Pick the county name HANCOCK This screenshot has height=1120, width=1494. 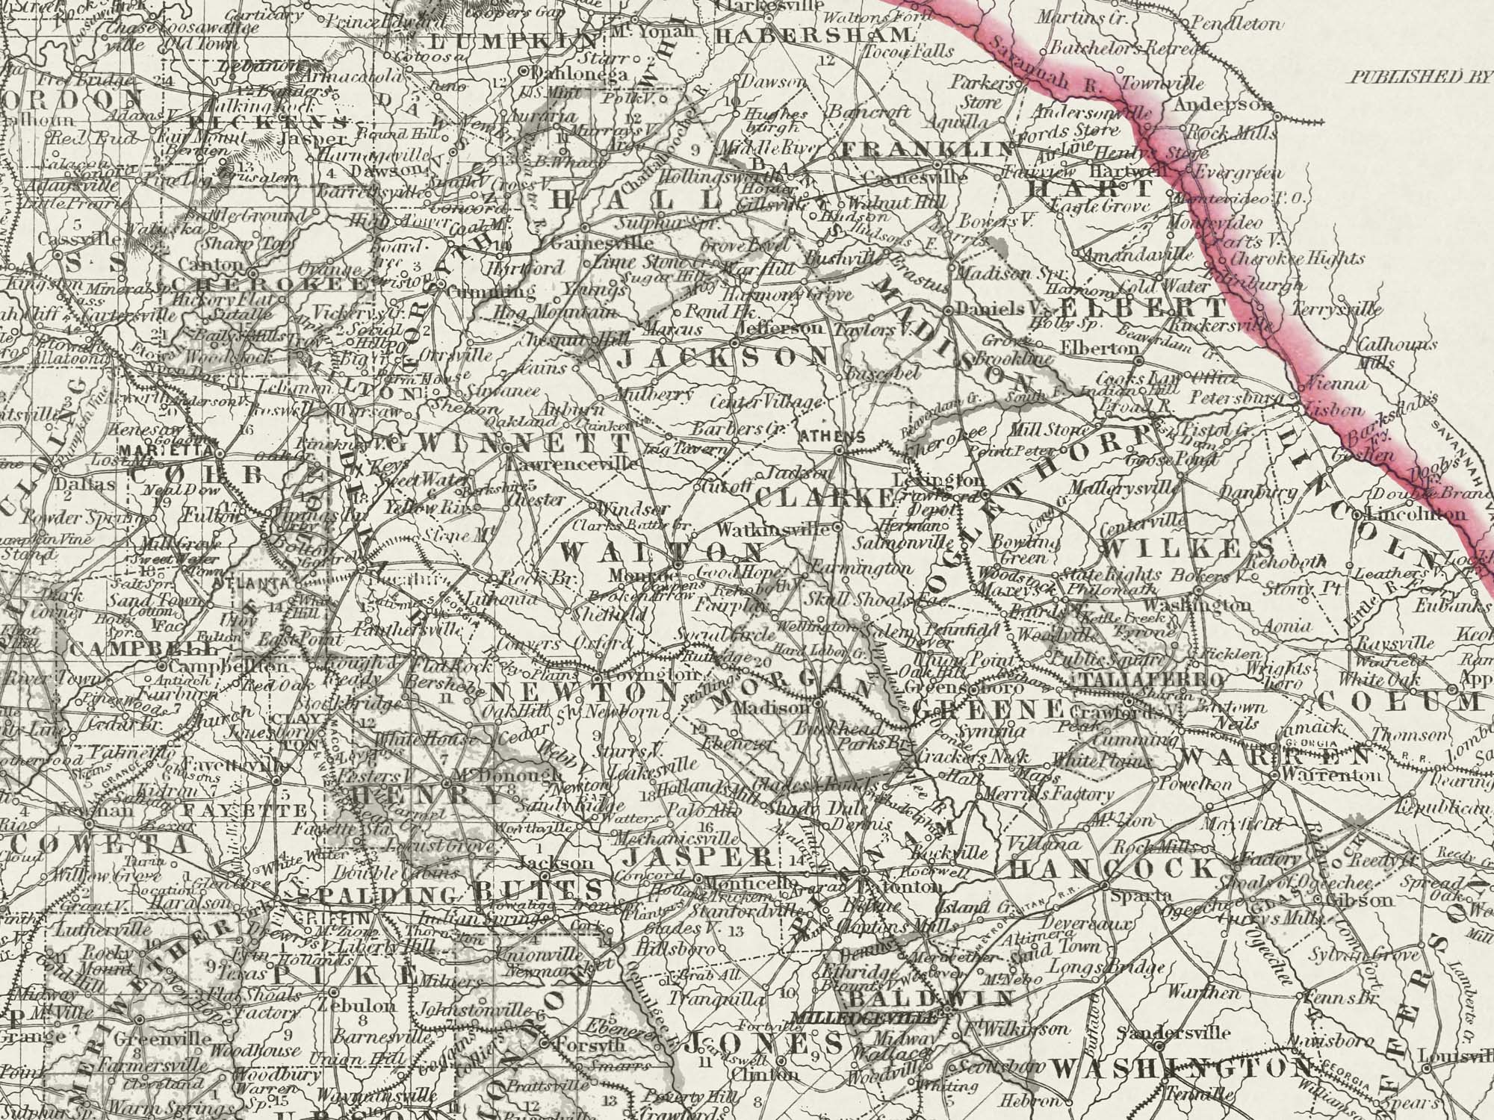1113,868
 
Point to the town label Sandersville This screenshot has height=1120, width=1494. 1174,1033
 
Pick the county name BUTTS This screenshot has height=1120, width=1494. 537,890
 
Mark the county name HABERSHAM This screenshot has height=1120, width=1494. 814,34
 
